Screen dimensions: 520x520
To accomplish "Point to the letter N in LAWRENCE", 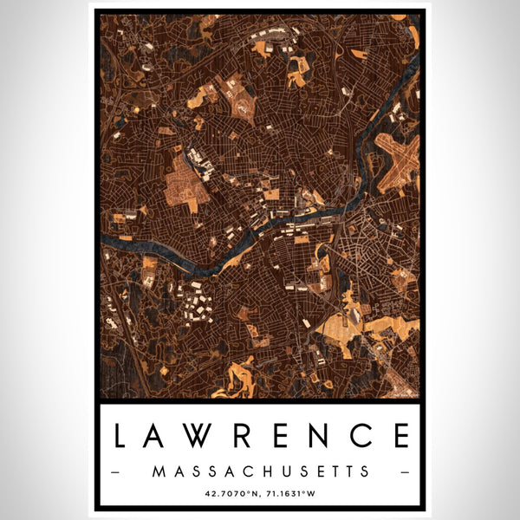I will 329,436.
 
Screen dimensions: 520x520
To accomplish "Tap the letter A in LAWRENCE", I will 156,436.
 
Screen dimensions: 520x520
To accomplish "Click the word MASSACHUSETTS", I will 260,471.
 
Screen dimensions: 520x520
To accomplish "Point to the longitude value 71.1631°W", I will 290,494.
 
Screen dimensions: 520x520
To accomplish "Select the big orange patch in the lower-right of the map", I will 386,330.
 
